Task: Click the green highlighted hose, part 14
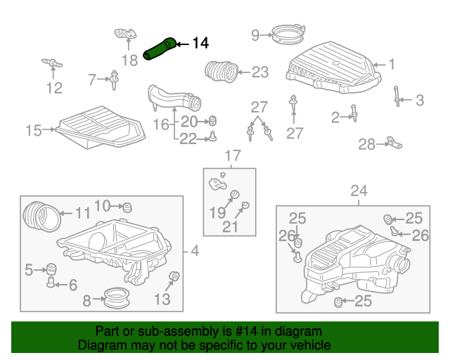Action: point(160,49)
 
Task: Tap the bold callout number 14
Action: point(200,44)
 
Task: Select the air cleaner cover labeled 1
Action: point(334,67)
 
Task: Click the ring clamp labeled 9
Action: point(288,34)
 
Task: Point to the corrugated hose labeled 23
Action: point(221,72)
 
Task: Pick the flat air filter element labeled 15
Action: point(101,127)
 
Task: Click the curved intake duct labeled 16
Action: point(174,98)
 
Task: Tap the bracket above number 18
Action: point(126,34)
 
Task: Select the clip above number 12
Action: point(52,63)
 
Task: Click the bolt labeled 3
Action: point(397,96)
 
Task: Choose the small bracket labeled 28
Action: point(394,143)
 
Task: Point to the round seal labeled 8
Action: point(116,298)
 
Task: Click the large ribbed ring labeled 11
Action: point(42,217)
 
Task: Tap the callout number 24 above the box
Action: point(359,191)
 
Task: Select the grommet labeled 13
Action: point(174,276)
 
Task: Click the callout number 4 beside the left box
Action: point(195,251)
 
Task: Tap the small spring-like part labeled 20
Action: point(212,121)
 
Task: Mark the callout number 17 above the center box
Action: point(233,156)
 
